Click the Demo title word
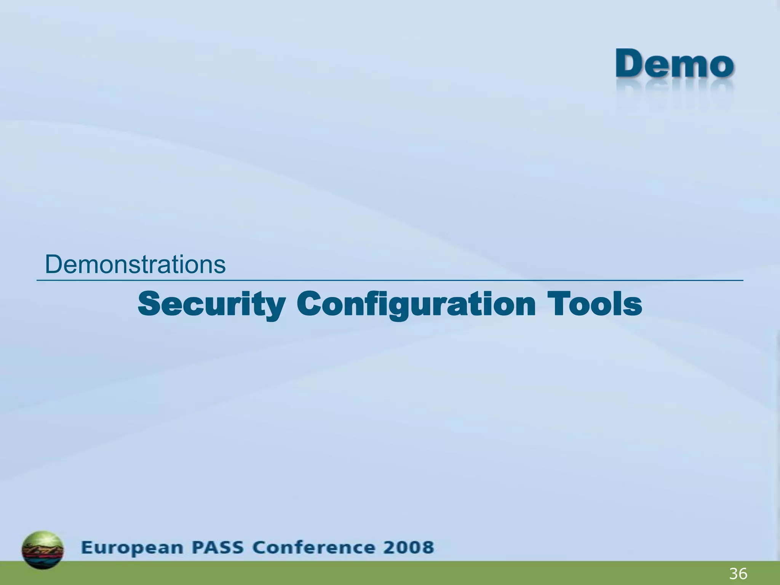point(675,64)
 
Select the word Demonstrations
point(135,264)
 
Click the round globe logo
point(43,550)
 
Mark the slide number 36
point(738,574)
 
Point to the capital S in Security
point(150,304)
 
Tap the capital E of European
point(87,547)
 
